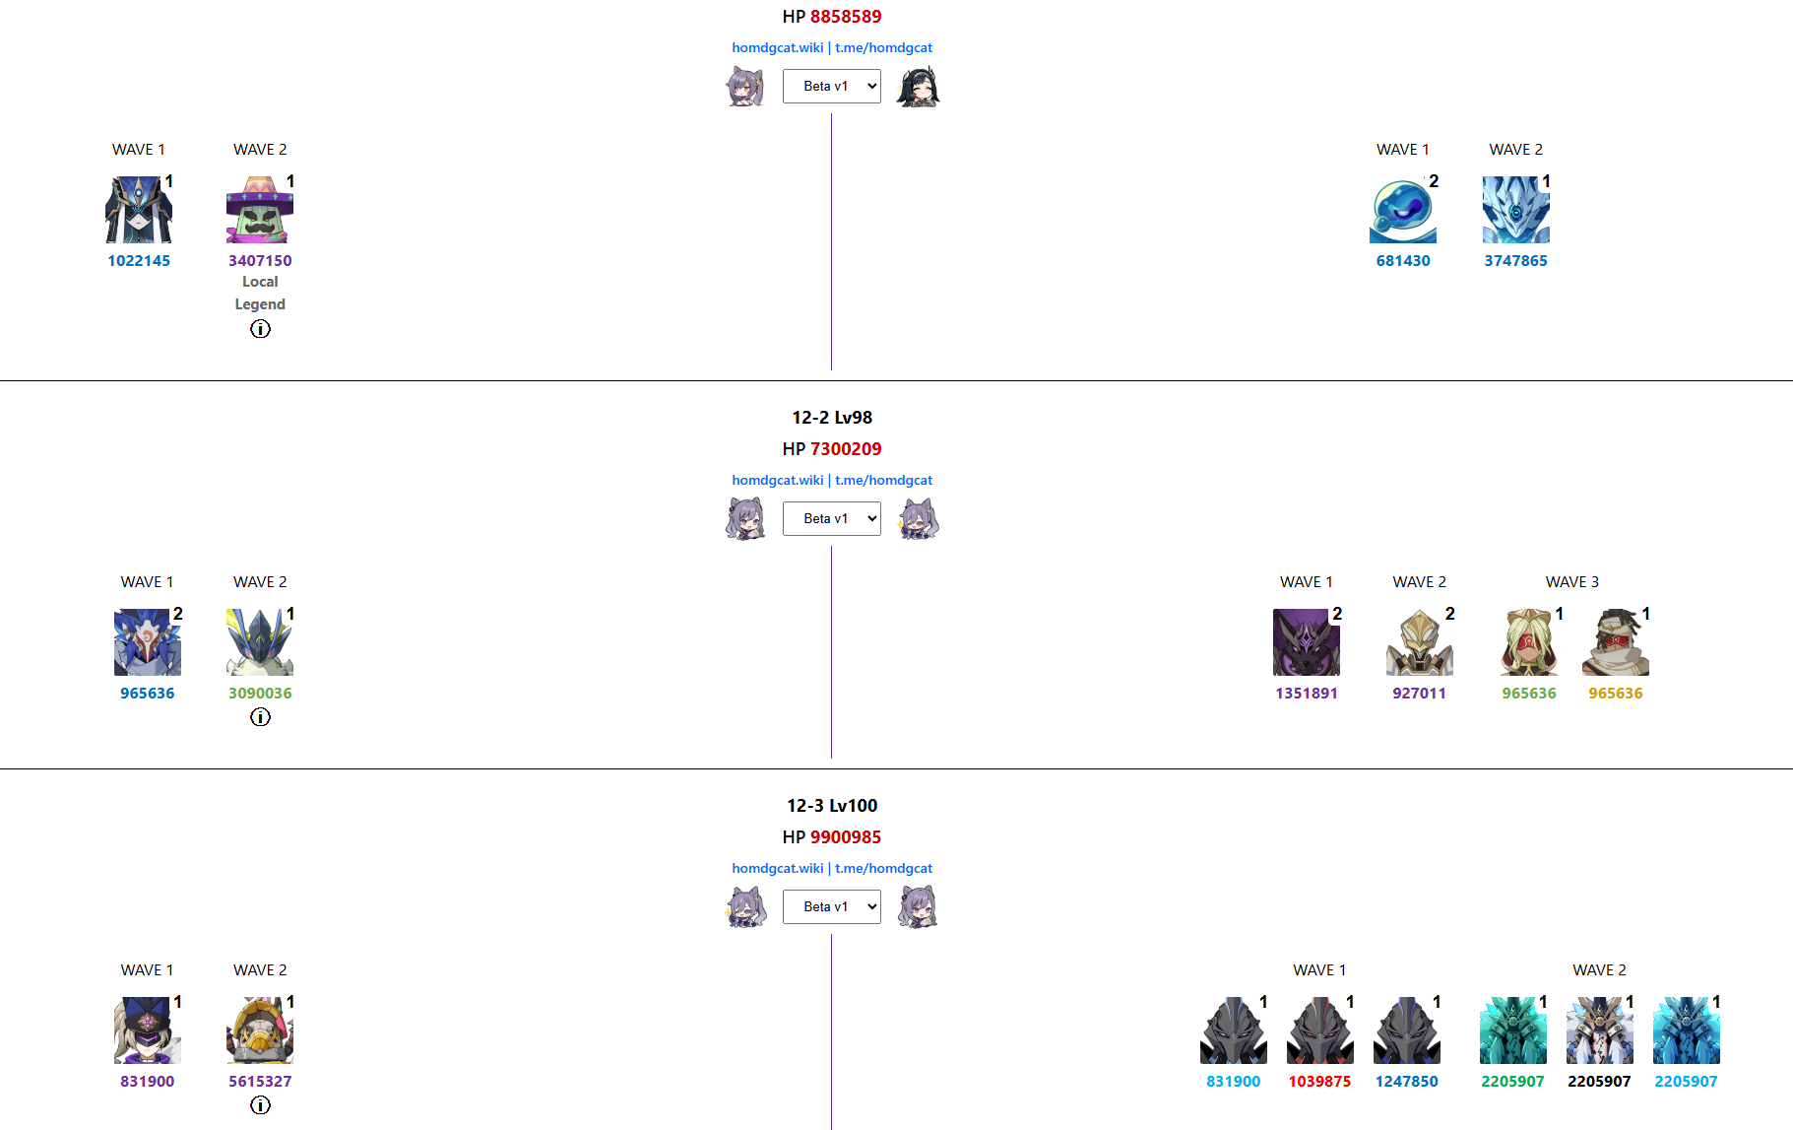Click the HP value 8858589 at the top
point(845,17)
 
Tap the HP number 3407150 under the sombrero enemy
point(260,261)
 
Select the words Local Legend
point(260,293)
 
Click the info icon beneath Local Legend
point(260,329)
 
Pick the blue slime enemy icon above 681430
point(1402,211)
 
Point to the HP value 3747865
point(1515,261)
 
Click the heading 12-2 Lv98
point(832,418)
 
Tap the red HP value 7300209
point(845,449)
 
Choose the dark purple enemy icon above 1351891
point(1306,642)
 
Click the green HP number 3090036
point(260,694)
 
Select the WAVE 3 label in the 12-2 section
point(1571,582)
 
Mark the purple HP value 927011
point(1419,694)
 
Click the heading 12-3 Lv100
point(832,806)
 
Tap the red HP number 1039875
point(1319,1082)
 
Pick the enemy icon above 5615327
point(260,1030)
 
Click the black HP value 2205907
point(1599,1082)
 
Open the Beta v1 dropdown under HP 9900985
point(832,906)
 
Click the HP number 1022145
point(139,261)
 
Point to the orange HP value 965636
point(1615,694)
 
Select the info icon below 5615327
point(260,1105)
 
